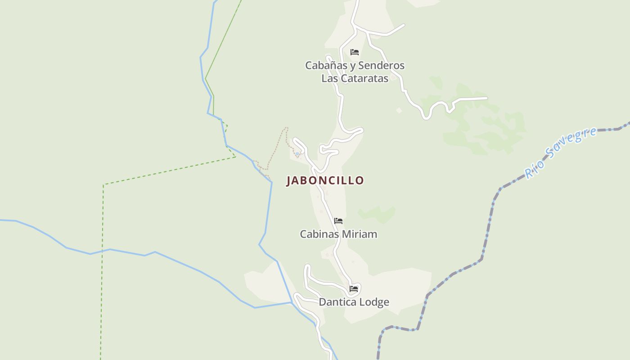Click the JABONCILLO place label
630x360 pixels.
pos(325,180)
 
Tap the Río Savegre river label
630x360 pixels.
pos(561,153)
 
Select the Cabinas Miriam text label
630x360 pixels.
pos(338,234)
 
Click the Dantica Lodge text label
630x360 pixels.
pos(354,302)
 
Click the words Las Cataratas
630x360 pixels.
pos(355,78)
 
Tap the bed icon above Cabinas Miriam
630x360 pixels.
pos(338,221)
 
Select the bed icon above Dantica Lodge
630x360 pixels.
pos(354,289)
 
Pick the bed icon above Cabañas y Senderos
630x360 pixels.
pos(355,52)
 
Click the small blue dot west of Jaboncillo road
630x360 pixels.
pos(297,154)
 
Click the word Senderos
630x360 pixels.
pos(382,66)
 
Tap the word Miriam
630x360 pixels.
pos(359,234)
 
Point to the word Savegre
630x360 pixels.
pos(571,145)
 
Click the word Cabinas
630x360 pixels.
pos(319,234)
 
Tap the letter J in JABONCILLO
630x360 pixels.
pos(289,181)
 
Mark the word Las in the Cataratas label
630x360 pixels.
pos(329,78)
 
